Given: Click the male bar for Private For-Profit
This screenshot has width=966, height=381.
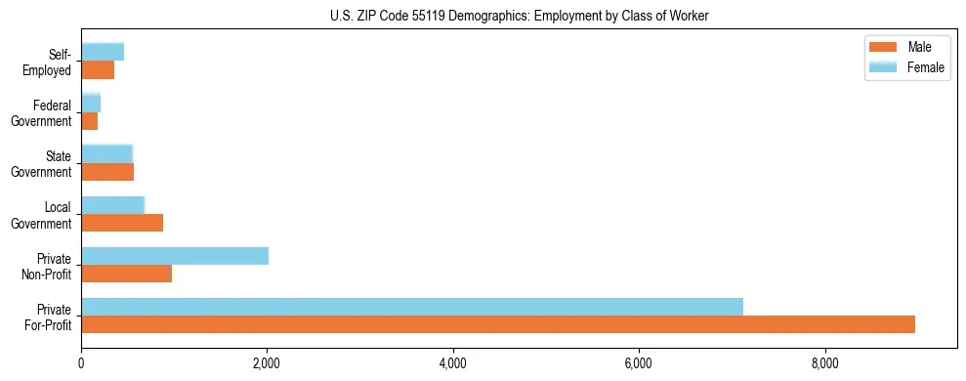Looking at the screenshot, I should coord(498,324).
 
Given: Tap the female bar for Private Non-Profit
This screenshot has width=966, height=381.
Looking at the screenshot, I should coord(175,256).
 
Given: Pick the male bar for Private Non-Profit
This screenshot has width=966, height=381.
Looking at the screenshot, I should coord(127,274).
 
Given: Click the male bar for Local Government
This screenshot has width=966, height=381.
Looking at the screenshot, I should coord(122,223).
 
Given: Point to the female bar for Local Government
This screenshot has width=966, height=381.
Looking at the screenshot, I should coord(112,204).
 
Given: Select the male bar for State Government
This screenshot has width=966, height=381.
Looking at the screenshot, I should coord(107,172).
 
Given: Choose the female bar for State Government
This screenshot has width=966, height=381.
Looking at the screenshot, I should coord(106,153).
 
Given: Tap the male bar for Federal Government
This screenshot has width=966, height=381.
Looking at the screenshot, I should coord(90,121).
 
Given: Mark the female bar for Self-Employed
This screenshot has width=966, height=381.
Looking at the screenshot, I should coord(103,52).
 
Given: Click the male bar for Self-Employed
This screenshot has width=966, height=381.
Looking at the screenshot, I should coord(98,70).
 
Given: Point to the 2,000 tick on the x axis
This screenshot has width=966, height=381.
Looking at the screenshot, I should coord(267,363).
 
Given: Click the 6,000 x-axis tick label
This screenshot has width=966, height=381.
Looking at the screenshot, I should coord(639,363).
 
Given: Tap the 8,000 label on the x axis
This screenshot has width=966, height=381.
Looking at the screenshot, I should coord(825,363).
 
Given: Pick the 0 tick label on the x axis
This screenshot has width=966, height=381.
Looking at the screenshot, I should coord(81,363).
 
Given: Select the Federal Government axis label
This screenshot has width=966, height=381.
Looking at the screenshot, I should coord(42,112).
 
